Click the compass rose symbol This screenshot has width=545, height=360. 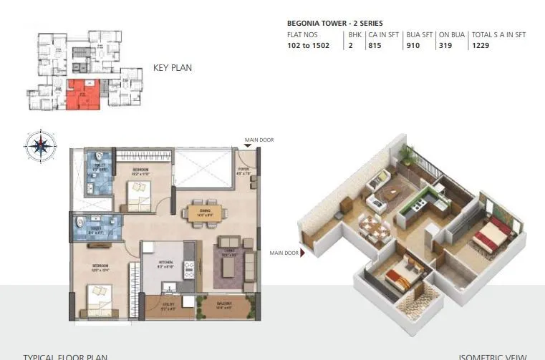tap(40, 146)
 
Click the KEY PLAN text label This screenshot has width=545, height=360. tap(172, 69)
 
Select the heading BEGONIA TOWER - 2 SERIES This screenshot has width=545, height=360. tap(334, 23)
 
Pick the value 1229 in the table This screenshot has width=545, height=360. tap(480, 44)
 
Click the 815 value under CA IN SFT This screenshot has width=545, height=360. tap(375, 44)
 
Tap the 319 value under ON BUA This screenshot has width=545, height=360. tap(445, 44)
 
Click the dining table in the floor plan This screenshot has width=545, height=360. tap(205, 213)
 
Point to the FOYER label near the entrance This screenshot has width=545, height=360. tap(243, 171)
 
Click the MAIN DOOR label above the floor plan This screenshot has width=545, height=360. tap(259, 140)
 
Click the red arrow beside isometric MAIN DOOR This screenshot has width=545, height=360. tap(304, 253)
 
